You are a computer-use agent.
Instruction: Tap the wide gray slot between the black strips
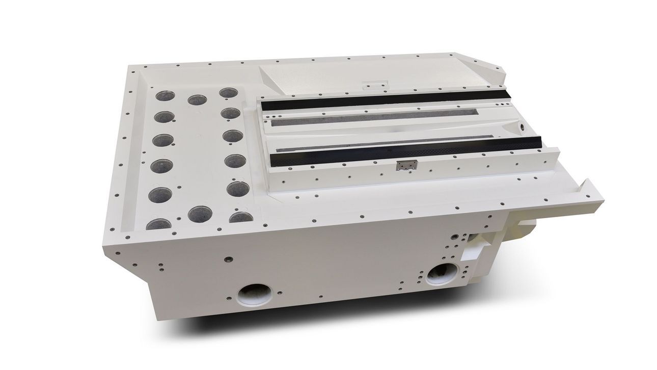click(374, 118)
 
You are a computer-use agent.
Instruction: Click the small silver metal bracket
click(406, 164)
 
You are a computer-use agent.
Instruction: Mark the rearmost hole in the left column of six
click(164, 96)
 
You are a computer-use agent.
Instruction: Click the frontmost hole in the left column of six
click(159, 224)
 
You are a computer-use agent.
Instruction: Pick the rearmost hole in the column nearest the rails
click(228, 93)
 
